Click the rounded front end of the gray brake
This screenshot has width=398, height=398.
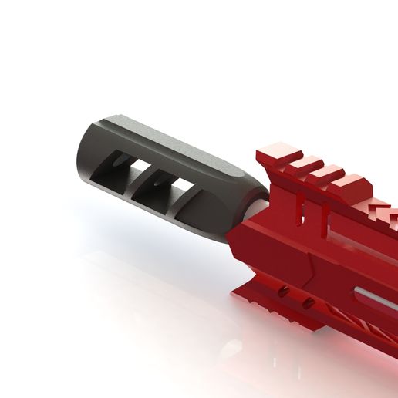pyautogui.click(x=86, y=158)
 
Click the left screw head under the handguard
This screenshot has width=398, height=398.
pyautogui.click(x=284, y=292)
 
